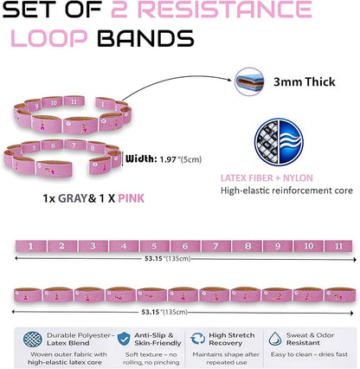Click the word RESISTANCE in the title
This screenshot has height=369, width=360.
click(226, 10)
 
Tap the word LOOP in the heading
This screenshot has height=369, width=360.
click(49, 38)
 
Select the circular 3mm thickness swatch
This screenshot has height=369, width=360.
click(249, 81)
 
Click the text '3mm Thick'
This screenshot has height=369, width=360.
click(305, 82)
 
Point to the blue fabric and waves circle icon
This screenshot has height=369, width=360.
click(279, 142)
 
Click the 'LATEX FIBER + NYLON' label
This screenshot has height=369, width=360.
click(267, 178)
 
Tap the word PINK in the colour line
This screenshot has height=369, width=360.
click(132, 198)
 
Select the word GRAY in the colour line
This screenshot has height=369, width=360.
click(73, 198)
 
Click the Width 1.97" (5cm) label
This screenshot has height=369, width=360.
click(164, 159)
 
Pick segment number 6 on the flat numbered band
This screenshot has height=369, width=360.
click(185, 246)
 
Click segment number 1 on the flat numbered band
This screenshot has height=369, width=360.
click(31, 246)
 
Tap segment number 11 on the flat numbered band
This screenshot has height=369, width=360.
click(338, 246)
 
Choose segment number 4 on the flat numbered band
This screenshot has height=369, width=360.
click(124, 246)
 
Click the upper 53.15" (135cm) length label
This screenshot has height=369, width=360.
click(168, 258)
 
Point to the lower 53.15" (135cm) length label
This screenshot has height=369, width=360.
click(164, 312)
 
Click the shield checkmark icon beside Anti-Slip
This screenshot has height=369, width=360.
click(124, 339)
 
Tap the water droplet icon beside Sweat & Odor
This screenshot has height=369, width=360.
click(275, 339)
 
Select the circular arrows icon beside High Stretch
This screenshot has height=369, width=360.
click(197, 339)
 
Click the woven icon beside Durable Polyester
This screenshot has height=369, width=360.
click(33, 339)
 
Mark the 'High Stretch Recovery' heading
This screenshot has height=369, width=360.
click(232, 340)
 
